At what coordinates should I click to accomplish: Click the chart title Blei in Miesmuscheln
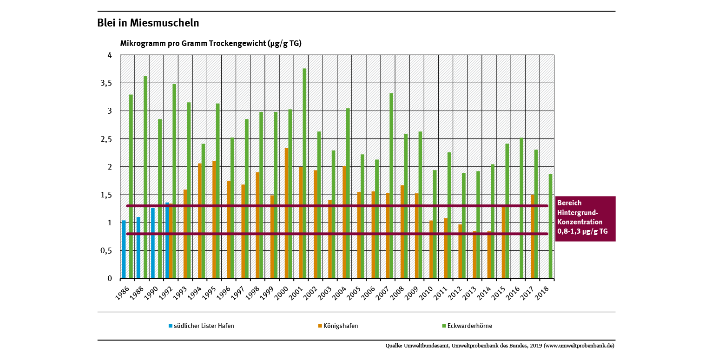148,23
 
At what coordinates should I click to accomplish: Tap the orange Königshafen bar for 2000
287,213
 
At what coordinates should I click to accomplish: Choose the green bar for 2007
391,186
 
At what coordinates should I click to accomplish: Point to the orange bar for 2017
533,236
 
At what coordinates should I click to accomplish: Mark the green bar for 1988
145,177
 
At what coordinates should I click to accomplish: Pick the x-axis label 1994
197,293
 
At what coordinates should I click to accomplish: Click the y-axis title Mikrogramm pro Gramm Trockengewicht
211,44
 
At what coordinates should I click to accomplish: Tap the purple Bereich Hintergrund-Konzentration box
585,218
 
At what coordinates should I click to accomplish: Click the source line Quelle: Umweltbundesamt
500,346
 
